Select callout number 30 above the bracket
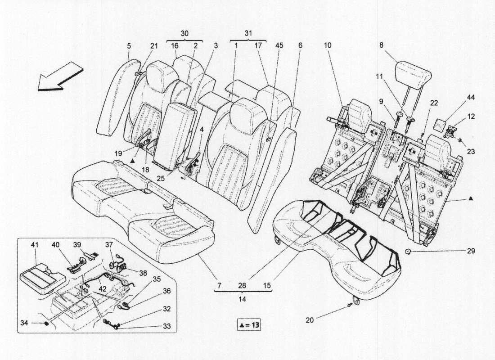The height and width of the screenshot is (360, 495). tap(184, 33)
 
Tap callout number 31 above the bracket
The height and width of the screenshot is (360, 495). tap(248, 33)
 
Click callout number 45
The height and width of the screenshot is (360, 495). tap(279, 45)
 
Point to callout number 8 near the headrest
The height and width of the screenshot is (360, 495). tap(381, 45)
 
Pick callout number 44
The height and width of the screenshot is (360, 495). tap(471, 98)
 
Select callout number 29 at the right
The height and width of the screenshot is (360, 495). tap(471, 252)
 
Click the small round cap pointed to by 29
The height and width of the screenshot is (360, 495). tap(408, 252)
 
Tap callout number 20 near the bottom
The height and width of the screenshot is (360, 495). tap(310, 320)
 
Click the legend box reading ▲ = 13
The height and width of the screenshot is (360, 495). tap(249, 324)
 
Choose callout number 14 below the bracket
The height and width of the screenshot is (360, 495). tap(242, 299)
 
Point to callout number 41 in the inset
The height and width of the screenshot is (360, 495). tap(34, 244)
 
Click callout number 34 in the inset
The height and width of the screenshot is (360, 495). tap(24, 323)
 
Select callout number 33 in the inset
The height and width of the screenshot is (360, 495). tap(166, 326)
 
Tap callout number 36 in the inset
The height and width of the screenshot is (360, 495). tap(166, 291)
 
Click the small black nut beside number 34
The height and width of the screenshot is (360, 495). tap(46, 324)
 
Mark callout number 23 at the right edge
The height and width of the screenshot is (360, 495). tap(471, 152)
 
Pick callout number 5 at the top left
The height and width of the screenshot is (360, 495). tap(129, 46)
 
